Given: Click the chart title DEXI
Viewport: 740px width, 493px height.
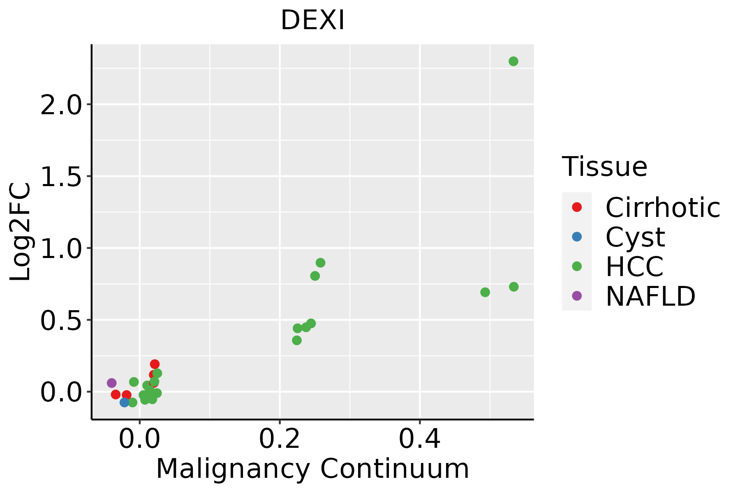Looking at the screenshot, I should click(312, 21).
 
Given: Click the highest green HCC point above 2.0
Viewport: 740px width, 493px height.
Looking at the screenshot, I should click(513, 61).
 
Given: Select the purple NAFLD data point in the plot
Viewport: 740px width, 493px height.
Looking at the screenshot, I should click(111, 383).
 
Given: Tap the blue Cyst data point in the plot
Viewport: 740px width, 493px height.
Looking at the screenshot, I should click(125, 402).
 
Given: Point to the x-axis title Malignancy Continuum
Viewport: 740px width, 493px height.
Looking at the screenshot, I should click(312, 469).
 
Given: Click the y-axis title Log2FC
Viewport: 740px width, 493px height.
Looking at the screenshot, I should click(21, 232).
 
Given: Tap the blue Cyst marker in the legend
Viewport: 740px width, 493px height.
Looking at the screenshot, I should click(577, 237).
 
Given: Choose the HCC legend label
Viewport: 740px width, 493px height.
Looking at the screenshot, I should click(634, 266).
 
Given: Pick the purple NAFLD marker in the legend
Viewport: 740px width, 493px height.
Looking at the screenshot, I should click(577, 296).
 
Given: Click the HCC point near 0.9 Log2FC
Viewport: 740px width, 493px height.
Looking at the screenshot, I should click(320, 263).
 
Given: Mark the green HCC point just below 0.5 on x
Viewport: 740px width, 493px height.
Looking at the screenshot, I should click(485, 292).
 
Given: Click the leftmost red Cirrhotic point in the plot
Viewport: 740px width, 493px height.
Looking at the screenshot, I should click(116, 394).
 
